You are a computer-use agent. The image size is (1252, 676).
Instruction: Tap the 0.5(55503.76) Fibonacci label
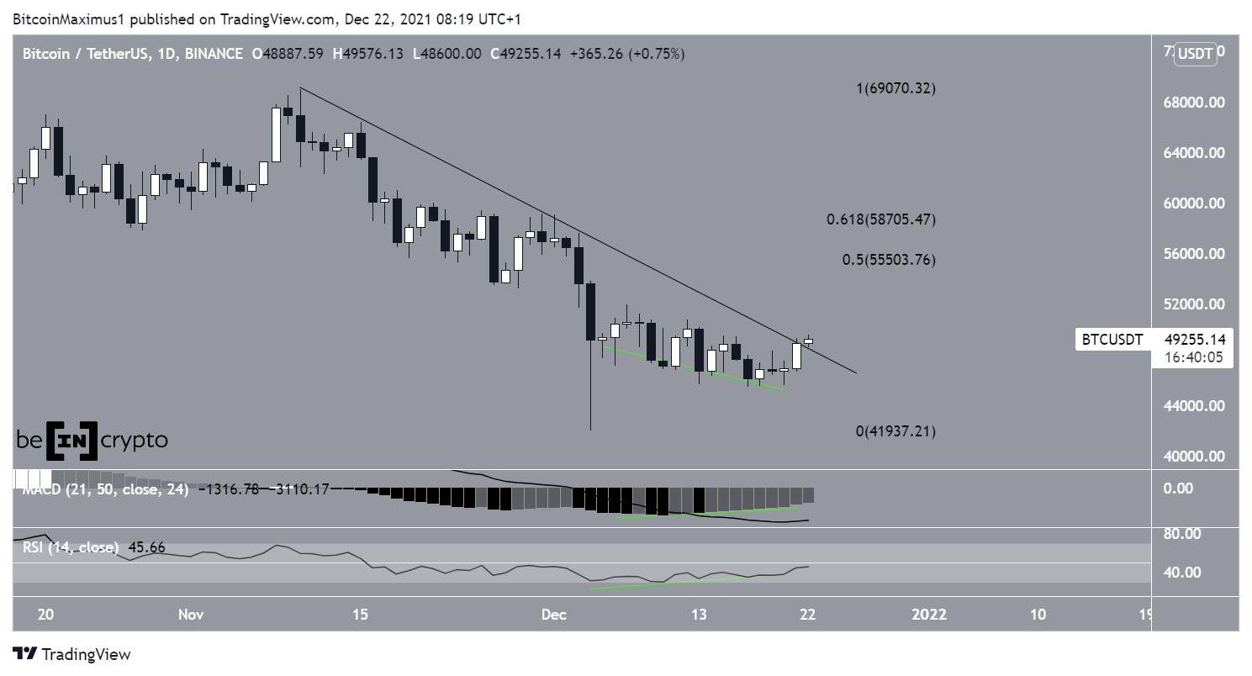point(889,260)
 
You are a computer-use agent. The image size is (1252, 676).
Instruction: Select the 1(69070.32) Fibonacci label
point(895,89)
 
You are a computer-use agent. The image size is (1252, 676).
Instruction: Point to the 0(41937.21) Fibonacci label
point(895,431)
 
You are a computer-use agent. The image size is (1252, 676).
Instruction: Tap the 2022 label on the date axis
point(929,615)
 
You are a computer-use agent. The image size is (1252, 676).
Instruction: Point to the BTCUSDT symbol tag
point(1112,340)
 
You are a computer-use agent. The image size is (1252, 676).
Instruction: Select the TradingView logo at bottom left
point(72,654)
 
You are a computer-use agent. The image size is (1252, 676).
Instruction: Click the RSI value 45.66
point(144,548)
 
